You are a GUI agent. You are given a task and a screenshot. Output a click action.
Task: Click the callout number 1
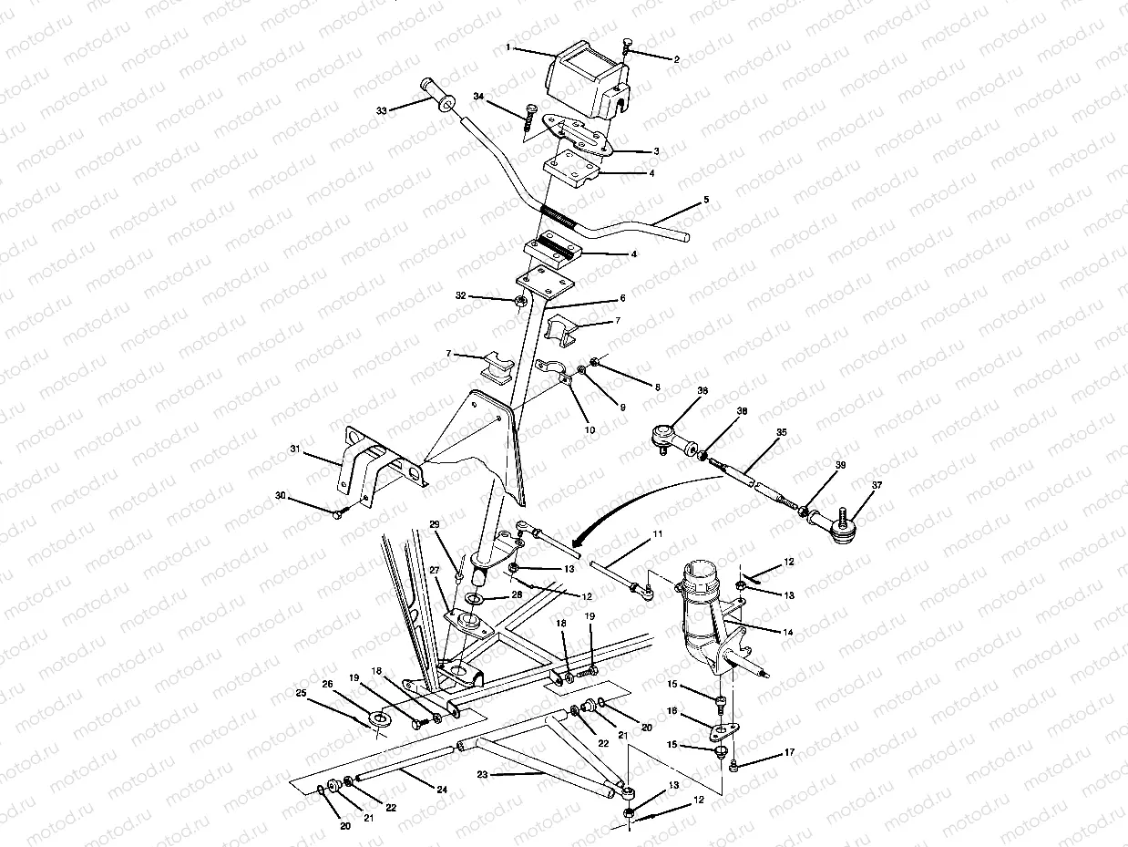coord(508,46)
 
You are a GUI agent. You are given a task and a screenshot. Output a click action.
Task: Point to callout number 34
coord(478,96)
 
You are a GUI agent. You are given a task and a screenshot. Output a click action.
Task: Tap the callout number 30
coord(280,495)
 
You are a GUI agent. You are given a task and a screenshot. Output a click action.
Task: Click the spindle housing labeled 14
coord(706,620)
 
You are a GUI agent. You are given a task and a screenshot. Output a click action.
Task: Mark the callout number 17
coord(789,752)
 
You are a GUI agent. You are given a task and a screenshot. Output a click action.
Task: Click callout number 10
coord(590,429)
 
